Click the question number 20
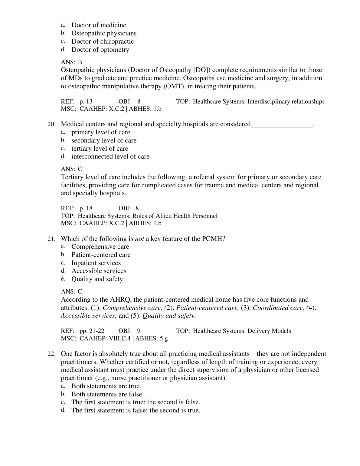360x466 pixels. coord(51,124)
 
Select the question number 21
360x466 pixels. coord(51,239)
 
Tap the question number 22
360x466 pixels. coord(51,354)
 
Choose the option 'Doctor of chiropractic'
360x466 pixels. coord(102,41)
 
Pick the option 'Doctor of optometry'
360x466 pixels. coord(100,50)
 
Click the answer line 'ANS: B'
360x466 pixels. coord(71,62)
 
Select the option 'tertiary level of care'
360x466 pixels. coord(100,149)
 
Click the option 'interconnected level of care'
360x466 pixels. coord(110,156)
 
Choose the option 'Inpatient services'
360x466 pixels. coord(96,263)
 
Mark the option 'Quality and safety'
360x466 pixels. coord(97,279)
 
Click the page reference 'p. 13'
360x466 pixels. coord(86,102)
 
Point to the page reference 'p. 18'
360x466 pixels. coord(86,208)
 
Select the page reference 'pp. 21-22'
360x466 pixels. coord(92,331)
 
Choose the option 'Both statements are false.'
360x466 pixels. coord(107,394)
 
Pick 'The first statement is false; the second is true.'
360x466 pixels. coord(136,411)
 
